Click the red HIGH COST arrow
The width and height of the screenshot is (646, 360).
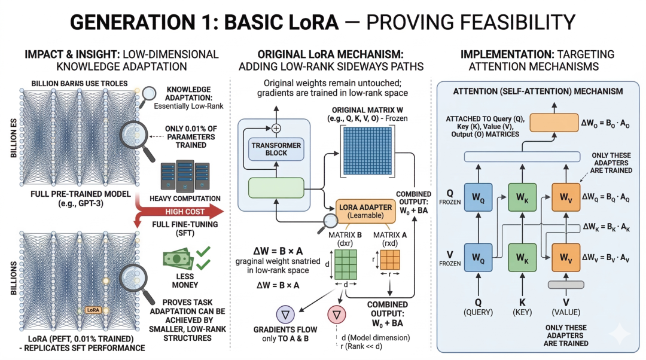pos(179,211)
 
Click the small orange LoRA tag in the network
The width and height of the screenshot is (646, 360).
pos(93,310)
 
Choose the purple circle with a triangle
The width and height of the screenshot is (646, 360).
pos(287,313)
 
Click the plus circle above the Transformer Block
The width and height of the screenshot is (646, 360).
pos(276,128)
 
